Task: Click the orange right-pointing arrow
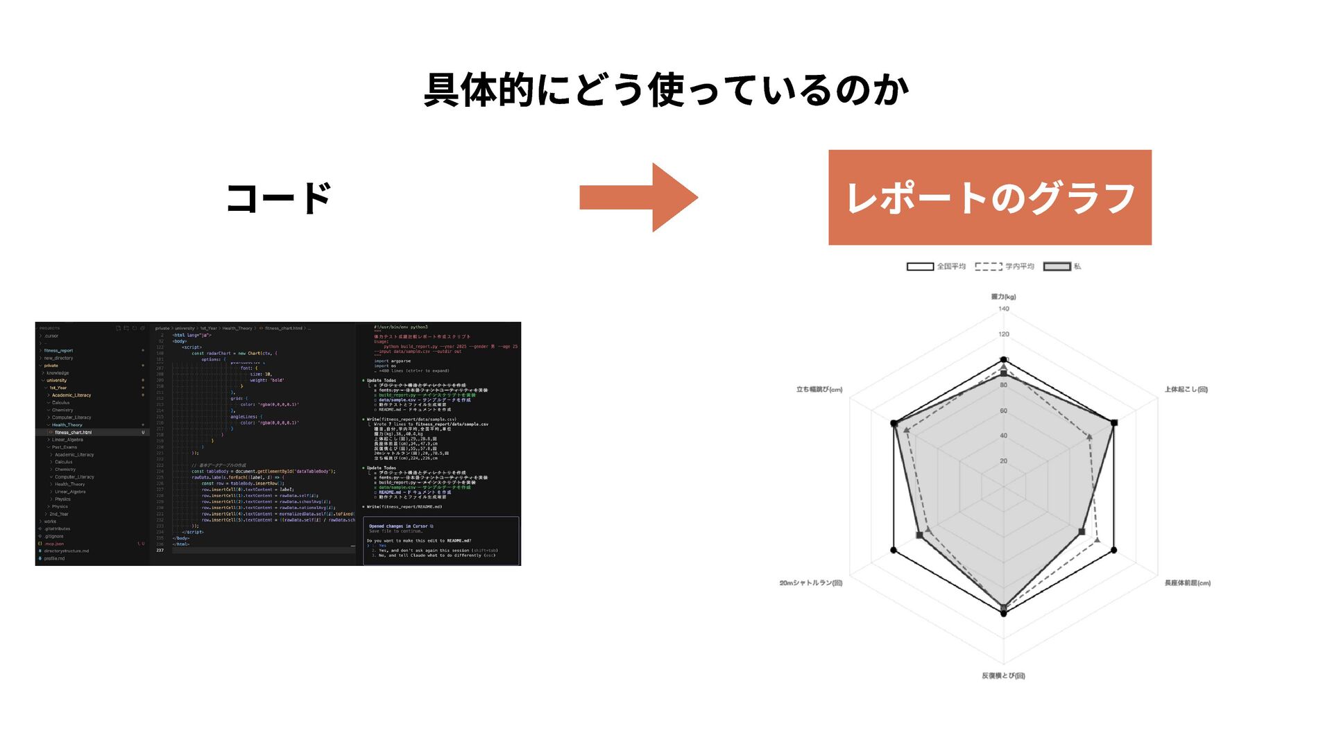[638, 198]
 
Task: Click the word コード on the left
[279, 198]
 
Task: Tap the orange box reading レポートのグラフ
[989, 198]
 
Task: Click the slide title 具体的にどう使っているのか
[666, 91]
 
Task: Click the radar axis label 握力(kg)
[1003, 297]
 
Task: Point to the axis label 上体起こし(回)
[1186, 390]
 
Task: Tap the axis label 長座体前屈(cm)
[1187, 583]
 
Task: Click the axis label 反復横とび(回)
[1003, 675]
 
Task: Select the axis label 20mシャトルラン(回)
[810, 583]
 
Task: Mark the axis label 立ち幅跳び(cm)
[819, 390]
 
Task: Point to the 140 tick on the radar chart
[1004, 309]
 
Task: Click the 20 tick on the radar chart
[1004, 461]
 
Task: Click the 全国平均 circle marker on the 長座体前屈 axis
[1114, 550]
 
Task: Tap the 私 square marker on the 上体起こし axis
[1114, 422]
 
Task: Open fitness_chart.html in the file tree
[73, 432]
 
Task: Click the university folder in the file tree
[57, 380]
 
